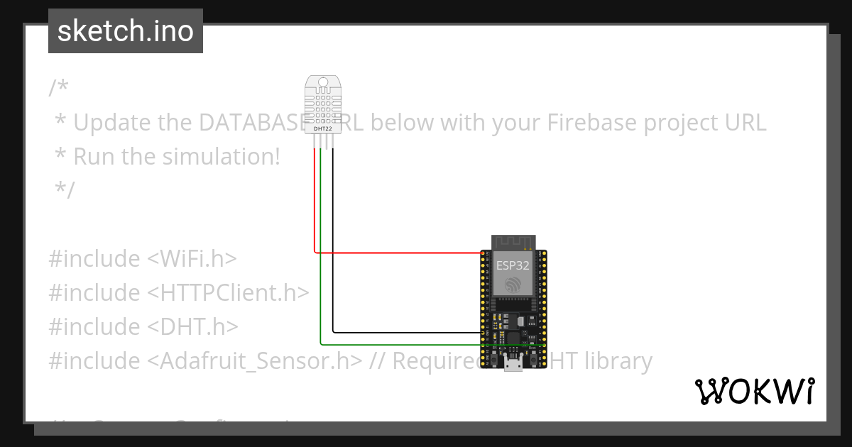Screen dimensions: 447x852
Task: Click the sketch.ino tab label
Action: [x=126, y=31]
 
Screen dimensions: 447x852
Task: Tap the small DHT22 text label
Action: [x=323, y=129]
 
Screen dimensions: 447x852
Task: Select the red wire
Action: [x=398, y=252]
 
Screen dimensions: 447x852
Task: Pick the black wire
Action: [x=405, y=331]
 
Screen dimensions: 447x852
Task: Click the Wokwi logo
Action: [x=755, y=391]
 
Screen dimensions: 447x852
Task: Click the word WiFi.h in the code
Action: [x=192, y=259]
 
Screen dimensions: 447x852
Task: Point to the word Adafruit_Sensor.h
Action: [x=250, y=361]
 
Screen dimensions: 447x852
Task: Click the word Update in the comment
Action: [x=112, y=123]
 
